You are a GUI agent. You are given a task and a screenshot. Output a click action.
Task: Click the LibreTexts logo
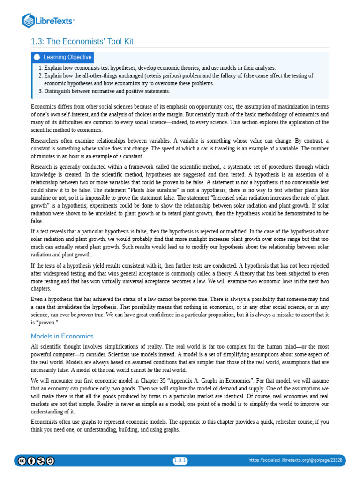click(x=49, y=20)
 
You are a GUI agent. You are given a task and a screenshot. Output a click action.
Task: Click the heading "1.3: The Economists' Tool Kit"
click(x=82, y=42)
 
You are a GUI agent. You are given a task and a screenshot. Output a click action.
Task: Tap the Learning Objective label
click(x=67, y=57)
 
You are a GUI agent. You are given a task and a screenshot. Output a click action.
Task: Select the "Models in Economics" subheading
click(x=62, y=336)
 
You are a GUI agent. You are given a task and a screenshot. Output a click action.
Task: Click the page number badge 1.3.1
click(x=180, y=461)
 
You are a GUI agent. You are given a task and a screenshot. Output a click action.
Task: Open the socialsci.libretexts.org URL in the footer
click(x=295, y=461)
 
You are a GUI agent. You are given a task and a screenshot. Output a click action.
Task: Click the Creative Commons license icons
click(x=36, y=461)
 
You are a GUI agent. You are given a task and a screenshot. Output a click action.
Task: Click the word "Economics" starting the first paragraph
click(x=44, y=107)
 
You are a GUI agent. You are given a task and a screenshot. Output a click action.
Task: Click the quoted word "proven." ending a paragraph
click(x=46, y=322)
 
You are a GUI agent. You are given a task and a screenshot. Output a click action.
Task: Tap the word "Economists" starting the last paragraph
click(x=45, y=421)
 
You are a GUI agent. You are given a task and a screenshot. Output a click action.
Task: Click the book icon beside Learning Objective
click(x=37, y=57)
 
